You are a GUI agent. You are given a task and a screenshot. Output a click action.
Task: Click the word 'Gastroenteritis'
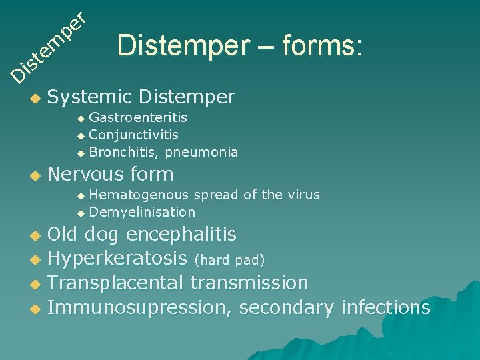(138, 118)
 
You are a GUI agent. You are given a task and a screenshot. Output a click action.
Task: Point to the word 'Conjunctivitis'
(133, 135)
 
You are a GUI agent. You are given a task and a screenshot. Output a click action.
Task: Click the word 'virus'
(303, 195)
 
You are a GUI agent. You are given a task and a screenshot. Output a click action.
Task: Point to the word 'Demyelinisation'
(142, 212)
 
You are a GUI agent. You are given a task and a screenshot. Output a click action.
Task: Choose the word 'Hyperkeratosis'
(117, 259)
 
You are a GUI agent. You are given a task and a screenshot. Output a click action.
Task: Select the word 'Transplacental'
(116, 283)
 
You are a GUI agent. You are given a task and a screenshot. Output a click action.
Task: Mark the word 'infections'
(385, 307)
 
